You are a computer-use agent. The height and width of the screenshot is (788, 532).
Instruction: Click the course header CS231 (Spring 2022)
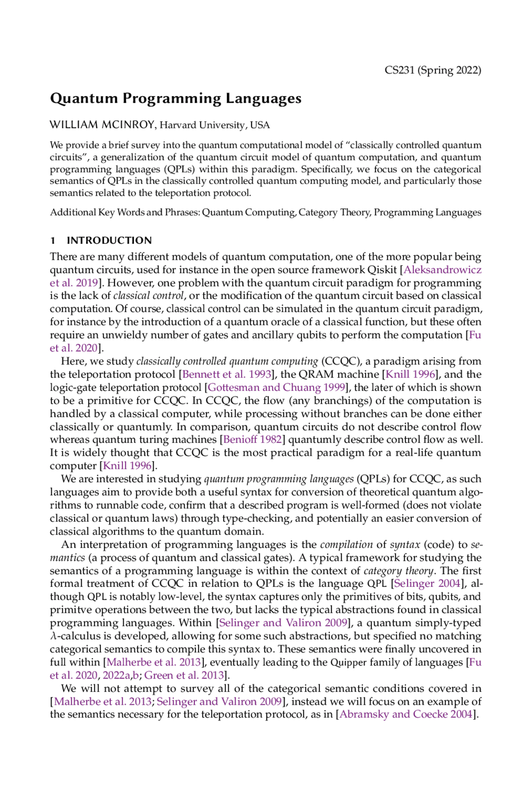pos(433,70)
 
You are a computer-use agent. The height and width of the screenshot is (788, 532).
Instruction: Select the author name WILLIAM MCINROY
pos(103,125)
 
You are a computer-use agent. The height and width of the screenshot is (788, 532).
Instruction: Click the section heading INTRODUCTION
pos(109,240)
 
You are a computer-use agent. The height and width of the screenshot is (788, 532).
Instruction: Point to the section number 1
pos(53,240)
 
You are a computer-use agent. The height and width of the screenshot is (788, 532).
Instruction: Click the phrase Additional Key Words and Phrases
pos(125,212)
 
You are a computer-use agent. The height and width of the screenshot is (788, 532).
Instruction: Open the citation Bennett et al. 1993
pos(227,374)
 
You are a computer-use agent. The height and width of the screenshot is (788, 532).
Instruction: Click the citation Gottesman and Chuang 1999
pos(276,388)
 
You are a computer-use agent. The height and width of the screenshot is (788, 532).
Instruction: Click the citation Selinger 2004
pos(427,583)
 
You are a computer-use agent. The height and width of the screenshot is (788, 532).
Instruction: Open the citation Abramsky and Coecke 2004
pos(406,714)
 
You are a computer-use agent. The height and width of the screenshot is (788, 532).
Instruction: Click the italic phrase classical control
pos(148,296)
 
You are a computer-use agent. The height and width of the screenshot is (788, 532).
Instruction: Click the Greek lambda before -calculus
pos(52,636)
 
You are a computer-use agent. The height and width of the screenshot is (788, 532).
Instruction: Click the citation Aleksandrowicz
pos(443,269)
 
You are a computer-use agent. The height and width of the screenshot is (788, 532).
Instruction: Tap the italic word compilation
pos(346,544)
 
